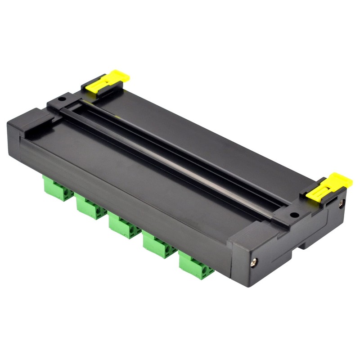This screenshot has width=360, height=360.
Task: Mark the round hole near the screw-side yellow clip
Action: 293,215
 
